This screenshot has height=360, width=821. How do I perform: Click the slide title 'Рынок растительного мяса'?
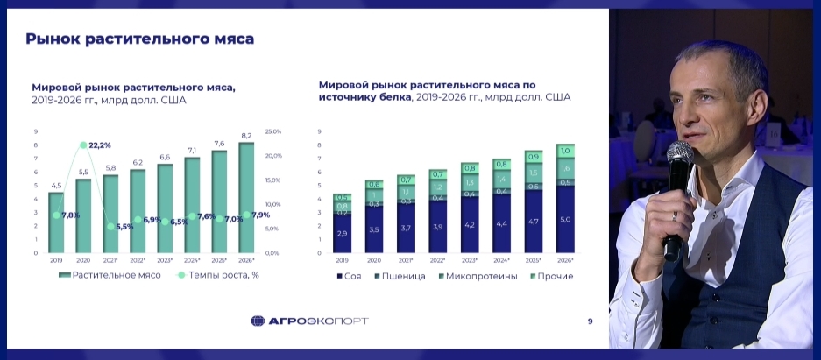tap(139, 39)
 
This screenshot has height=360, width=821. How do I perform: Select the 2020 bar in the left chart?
tap(83, 215)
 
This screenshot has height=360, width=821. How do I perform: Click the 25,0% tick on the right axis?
tap(272, 131)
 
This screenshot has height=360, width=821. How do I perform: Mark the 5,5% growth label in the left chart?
tap(124, 226)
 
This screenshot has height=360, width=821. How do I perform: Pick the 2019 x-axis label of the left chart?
tap(55, 260)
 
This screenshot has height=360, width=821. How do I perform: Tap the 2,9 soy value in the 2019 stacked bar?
tap(342, 234)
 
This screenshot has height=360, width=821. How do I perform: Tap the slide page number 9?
tap(590, 321)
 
